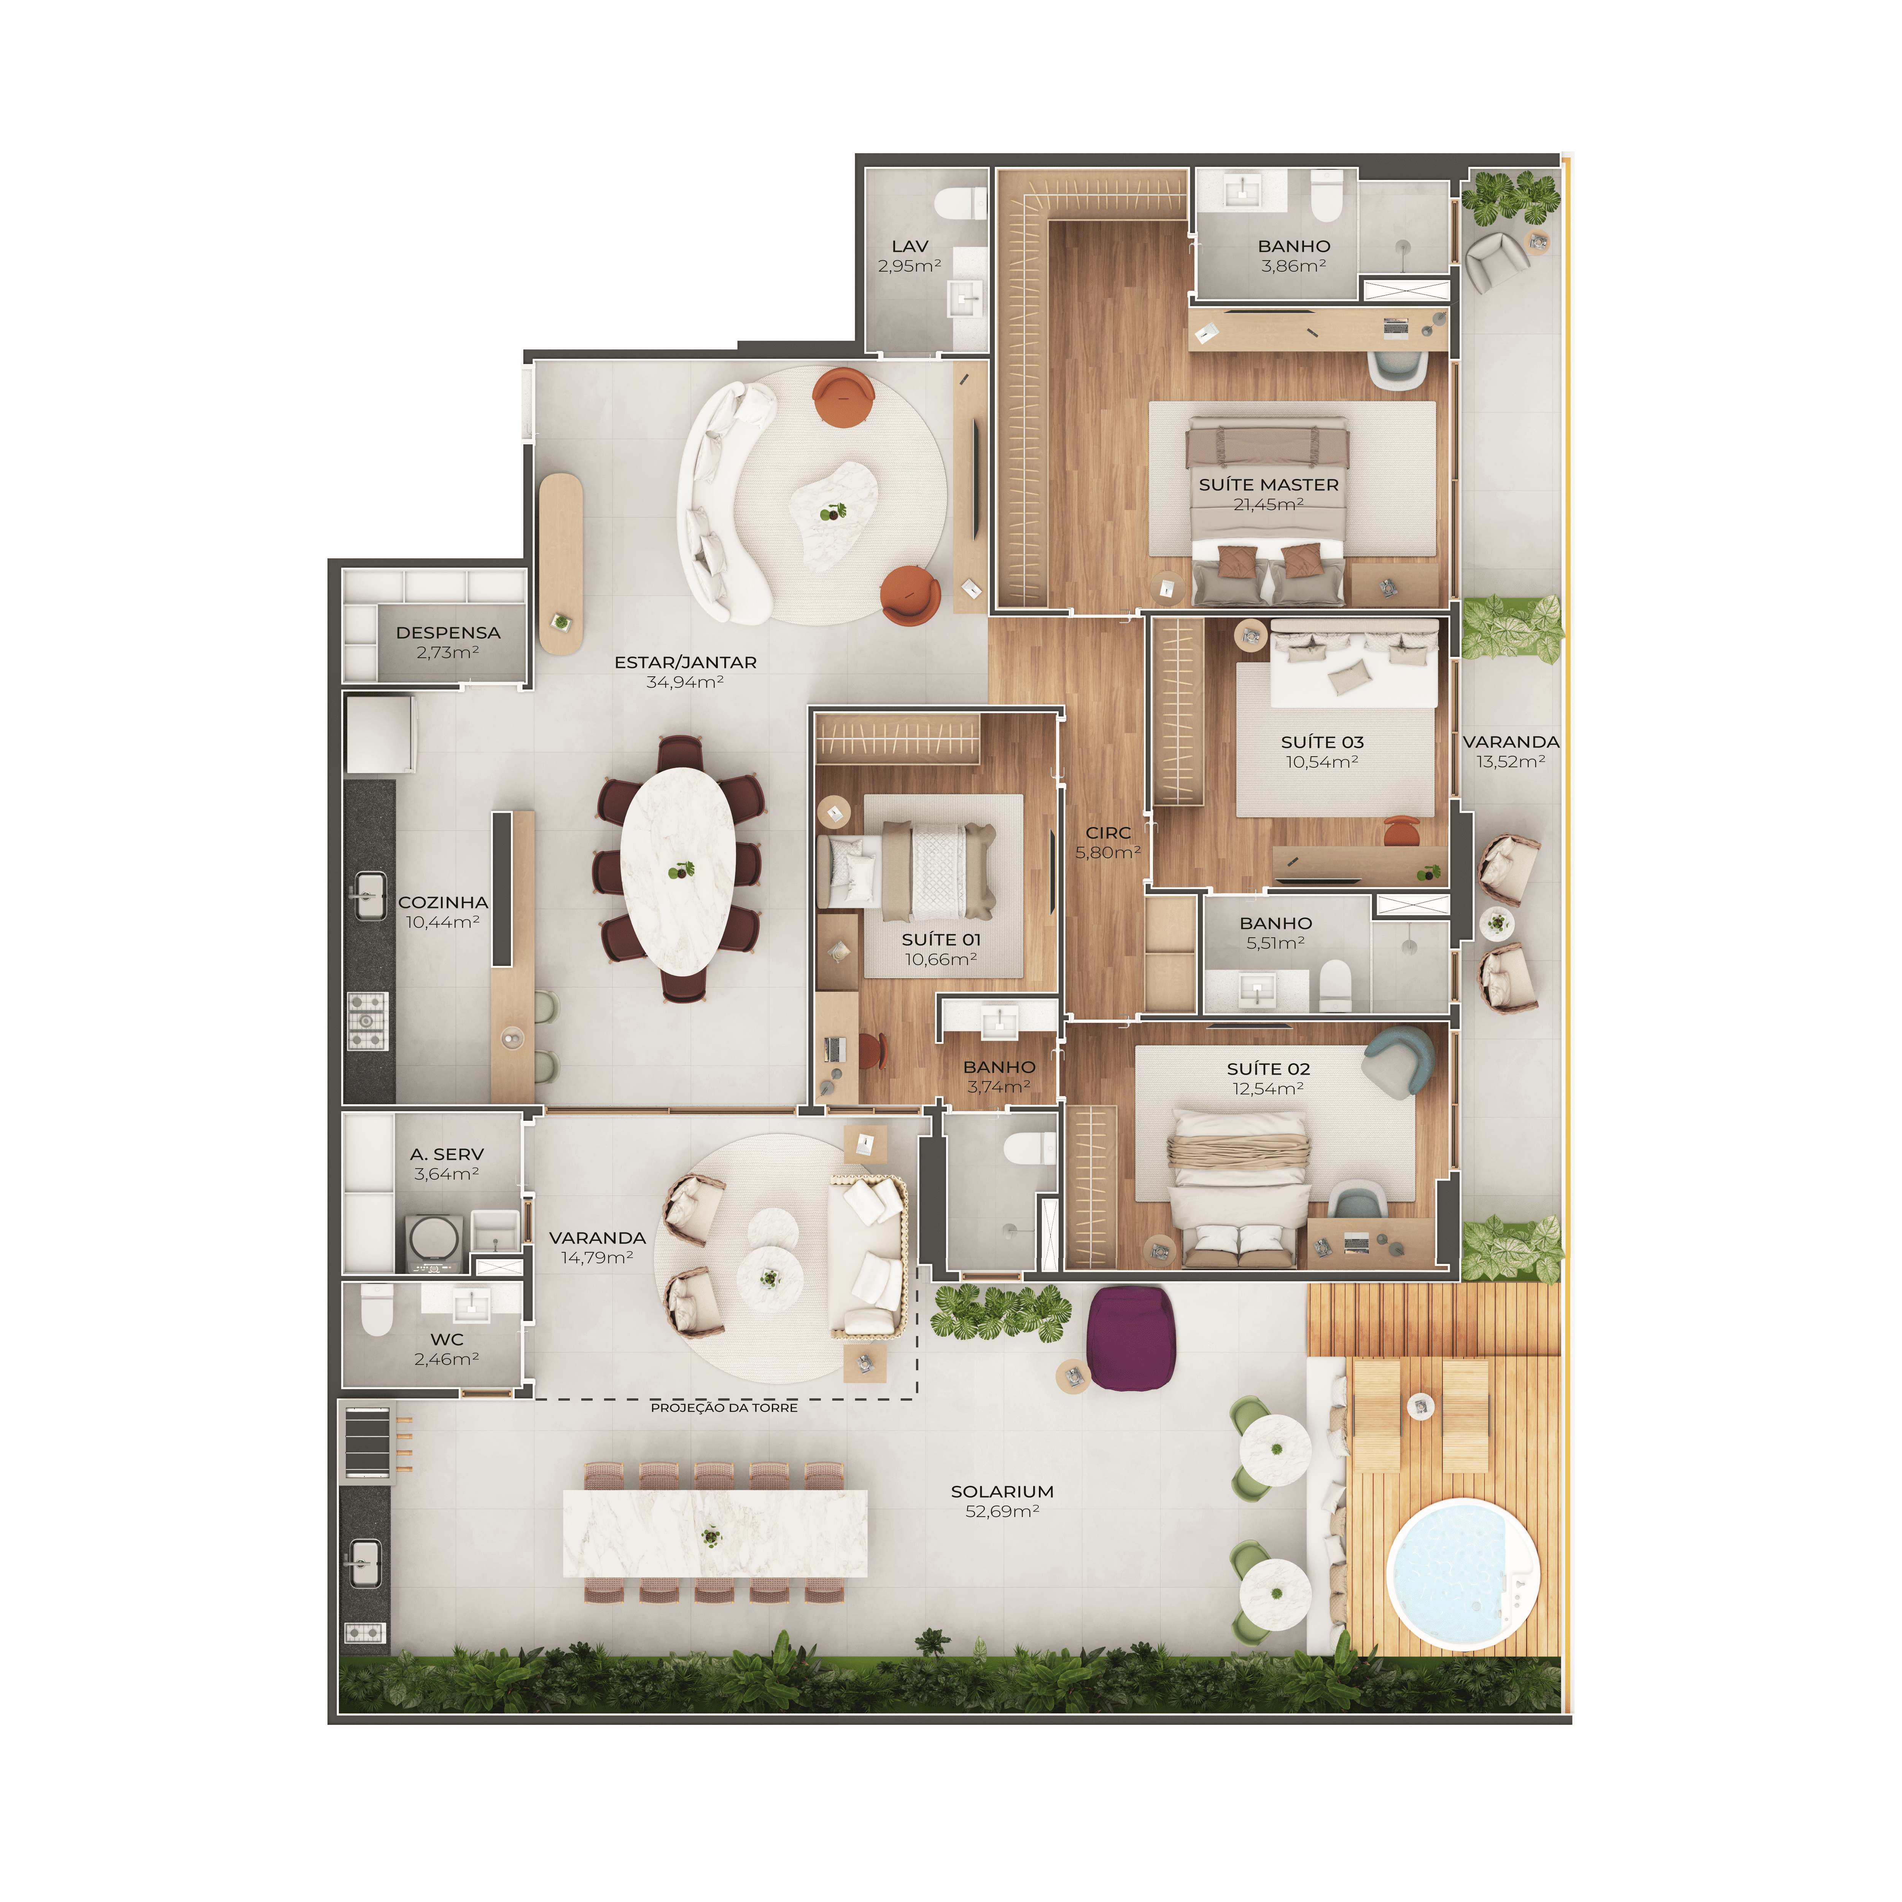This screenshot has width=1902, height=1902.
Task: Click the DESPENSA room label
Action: click(448, 632)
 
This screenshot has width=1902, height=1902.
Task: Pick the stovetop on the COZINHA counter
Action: click(367, 1021)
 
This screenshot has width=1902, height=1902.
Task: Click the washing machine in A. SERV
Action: click(433, 1242)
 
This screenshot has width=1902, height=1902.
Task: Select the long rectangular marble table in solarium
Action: click(715, 1533)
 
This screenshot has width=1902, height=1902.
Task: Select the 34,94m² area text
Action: click(685, 681)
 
